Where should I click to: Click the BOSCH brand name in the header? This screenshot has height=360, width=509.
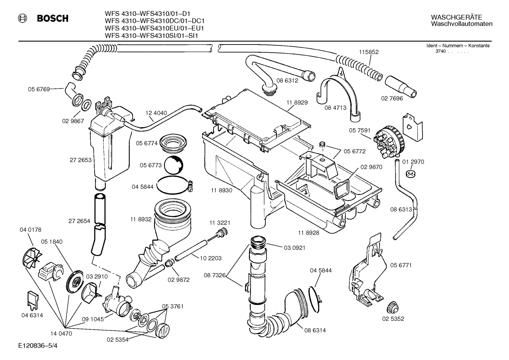pyautogui.click(x=53, y=18)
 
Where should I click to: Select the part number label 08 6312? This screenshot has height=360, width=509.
pyautogui.click(x=287, y=80)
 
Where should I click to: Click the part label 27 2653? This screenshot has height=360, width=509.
pyautogui.click(x=80, y=160)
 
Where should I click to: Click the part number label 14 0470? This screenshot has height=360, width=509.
pyautogui.click(x=61, y=333)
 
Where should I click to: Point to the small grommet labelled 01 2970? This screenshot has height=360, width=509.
pyautogui.click(x=410, y=173)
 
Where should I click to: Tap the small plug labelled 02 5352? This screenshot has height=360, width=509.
pyautogui.click(x=392, y=307)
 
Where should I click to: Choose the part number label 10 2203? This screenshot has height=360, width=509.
pyautogui.click(x=210, y=258)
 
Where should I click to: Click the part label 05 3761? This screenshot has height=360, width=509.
pyautogui.click(x=173, y=306)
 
